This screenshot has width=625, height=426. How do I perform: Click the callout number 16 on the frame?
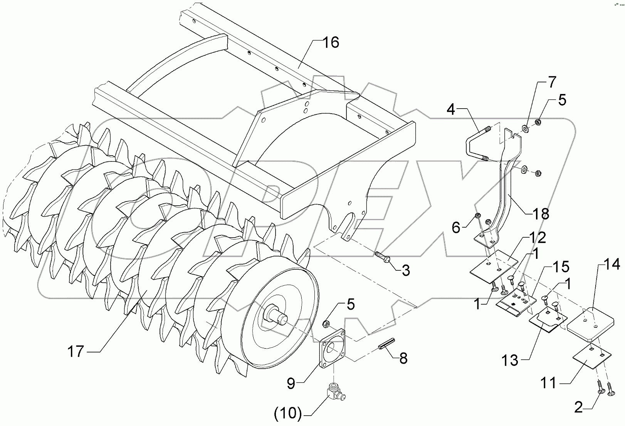click(330, 42)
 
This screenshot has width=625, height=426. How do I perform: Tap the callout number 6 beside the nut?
click(456, 228)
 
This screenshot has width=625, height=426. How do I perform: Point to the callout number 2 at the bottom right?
click(578, 408)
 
